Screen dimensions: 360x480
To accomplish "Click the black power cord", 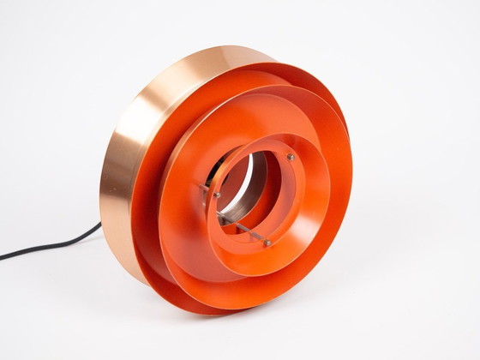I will [x=51, y=246].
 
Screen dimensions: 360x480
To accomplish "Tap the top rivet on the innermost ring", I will [x=291, y=158].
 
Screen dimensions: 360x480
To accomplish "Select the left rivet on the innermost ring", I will [x=217, y=195].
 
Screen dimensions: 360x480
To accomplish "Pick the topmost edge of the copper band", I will [x=231, y=49].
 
